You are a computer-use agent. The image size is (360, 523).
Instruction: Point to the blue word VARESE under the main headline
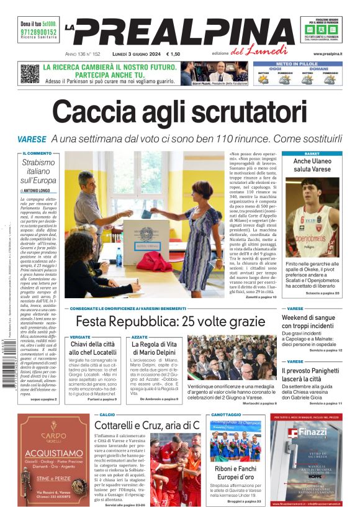point(32,140)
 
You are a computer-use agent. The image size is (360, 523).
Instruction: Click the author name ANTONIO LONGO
point(41,191)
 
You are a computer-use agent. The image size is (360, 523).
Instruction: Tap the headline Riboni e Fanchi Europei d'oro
point(233,473)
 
